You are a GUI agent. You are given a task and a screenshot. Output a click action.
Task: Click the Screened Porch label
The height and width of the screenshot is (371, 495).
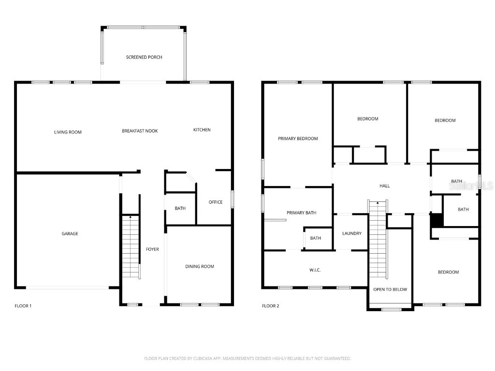coord(144,57)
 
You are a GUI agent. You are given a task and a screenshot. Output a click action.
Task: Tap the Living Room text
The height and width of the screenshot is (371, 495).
coord(68,132)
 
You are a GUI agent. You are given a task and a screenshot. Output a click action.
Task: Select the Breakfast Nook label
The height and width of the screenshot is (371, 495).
coord(140,131)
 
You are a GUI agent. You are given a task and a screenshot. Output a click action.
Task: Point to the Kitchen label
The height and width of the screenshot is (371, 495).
coord(202,129)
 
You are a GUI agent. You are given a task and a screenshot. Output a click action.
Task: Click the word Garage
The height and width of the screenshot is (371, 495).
coord(70,234)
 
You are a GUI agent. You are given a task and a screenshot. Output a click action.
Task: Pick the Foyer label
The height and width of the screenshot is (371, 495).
coord(152,249)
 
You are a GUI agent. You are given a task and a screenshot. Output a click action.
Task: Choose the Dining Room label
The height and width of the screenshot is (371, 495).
coord(200,266)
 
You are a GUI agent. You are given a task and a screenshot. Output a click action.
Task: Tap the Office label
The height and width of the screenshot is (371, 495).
coord(216,202)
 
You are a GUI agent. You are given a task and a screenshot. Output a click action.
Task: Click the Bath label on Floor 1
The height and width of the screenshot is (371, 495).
coord(180,208)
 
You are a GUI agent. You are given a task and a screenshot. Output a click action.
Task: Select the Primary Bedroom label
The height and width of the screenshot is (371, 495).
coord(298,139)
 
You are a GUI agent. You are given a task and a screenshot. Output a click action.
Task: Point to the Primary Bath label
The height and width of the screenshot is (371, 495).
coord(301,213)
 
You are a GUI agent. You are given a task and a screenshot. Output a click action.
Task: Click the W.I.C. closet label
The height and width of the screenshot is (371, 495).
coord(314,270)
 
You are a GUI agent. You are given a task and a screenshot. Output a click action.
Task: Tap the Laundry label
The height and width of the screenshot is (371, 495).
coord(352,233)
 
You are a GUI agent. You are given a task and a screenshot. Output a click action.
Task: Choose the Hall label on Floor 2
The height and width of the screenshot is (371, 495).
coord(384,185)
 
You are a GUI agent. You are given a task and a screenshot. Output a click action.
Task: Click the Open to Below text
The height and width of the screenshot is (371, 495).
coord(390,289)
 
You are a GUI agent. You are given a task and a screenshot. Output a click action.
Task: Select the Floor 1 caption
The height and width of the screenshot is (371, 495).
coord(23,306)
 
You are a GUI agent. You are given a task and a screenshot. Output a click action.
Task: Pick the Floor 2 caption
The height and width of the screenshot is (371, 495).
coord(270,306)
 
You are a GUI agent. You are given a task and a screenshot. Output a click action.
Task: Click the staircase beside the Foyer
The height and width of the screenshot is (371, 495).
coord(130,246)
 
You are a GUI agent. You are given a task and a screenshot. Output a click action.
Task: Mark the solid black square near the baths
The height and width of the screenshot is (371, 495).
coord(437,220)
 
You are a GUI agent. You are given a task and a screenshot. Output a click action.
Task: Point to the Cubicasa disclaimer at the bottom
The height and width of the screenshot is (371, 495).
coord(247,358)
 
